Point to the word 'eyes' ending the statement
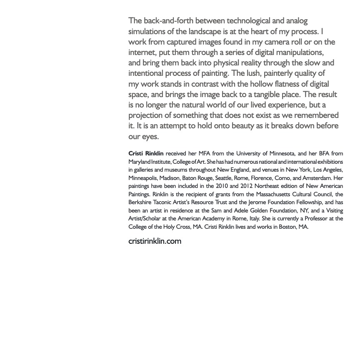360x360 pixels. [149, 137]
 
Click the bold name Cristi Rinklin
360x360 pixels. [146, 154]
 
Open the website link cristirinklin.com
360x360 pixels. [155, 241]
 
